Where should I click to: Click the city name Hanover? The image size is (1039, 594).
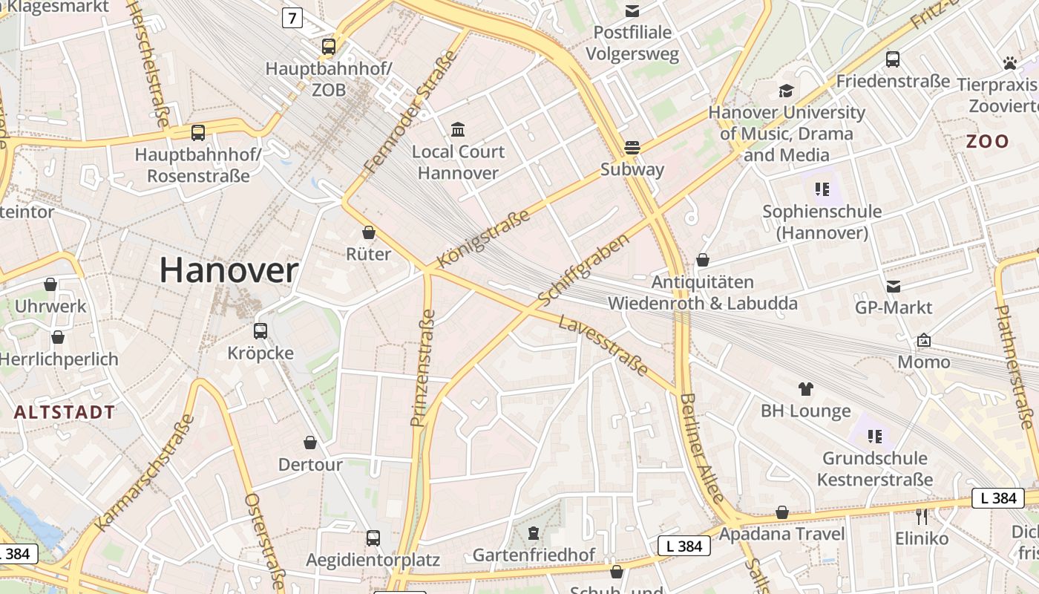click(229, 270)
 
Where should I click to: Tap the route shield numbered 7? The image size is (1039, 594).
click(292, 18)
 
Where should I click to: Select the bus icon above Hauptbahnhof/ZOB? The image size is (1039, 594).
click(329, 47)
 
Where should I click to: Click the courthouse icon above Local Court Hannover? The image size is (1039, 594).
click(458, 130)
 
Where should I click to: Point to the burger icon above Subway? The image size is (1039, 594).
click(632, 147)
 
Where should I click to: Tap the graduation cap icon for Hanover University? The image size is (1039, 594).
click(786, 91)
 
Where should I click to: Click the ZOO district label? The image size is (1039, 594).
click(987, 141)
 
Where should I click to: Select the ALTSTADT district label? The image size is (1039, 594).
click(65, 412)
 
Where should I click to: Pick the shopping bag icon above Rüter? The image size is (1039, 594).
click(369, 232)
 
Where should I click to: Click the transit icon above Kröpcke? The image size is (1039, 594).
click(260, 331)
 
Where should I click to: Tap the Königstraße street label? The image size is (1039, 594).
click(483, 238)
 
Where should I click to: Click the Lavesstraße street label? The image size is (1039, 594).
click(602, 345)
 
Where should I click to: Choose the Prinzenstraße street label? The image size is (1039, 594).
click(423, 368)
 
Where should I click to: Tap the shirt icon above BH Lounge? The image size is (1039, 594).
click(806, 388)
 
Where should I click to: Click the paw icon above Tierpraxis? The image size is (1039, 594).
click(1009, 63)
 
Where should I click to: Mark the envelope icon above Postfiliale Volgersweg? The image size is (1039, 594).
click(632, 10)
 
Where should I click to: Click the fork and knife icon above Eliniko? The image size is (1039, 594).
click(922, 516)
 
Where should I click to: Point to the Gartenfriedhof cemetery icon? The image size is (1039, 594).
click(533, 532)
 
